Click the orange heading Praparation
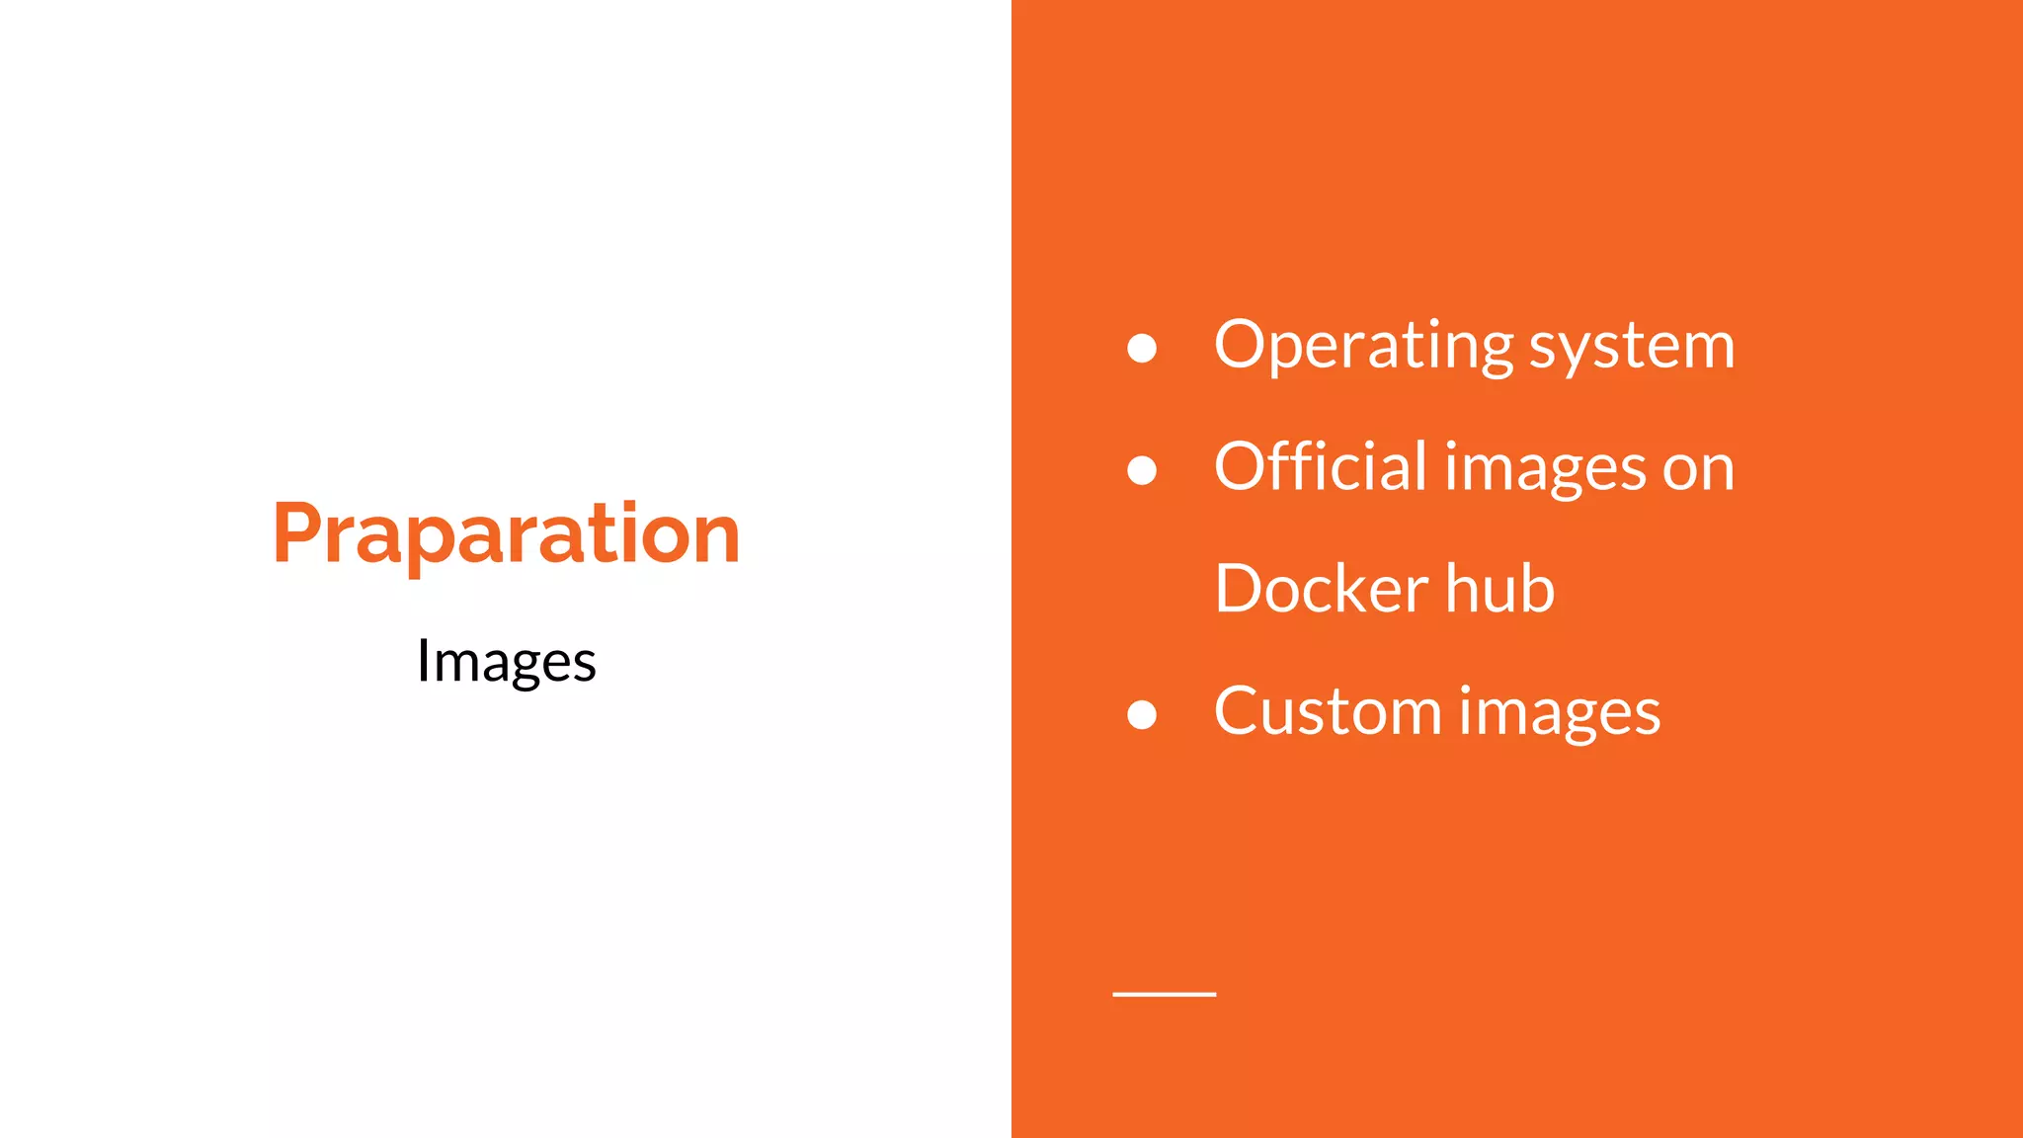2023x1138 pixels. click(x=506, y=534)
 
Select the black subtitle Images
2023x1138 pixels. click(x=506, y=661)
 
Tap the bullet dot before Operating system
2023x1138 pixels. click(x=1142, y=348)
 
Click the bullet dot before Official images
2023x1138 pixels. click(x=1142, y=470)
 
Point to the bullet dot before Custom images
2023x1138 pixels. click(x=1142, y=714)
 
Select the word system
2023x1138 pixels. click(x=1632, y=348)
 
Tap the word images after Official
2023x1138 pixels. click(x=1546, y=470)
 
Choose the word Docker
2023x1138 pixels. click(x=1321, y=589)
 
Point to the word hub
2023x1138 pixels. click(x=1500, y=589)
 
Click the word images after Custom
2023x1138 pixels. click(x=1560, y=714)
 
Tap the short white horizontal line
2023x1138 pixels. click(x=1164, y=994)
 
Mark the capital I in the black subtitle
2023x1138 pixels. click(x=423, y=660)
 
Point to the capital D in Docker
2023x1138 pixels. click(x=1242, y=589)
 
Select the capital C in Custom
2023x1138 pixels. click(x=1239, y=711)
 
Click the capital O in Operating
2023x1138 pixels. click(x=1244, y=345)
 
